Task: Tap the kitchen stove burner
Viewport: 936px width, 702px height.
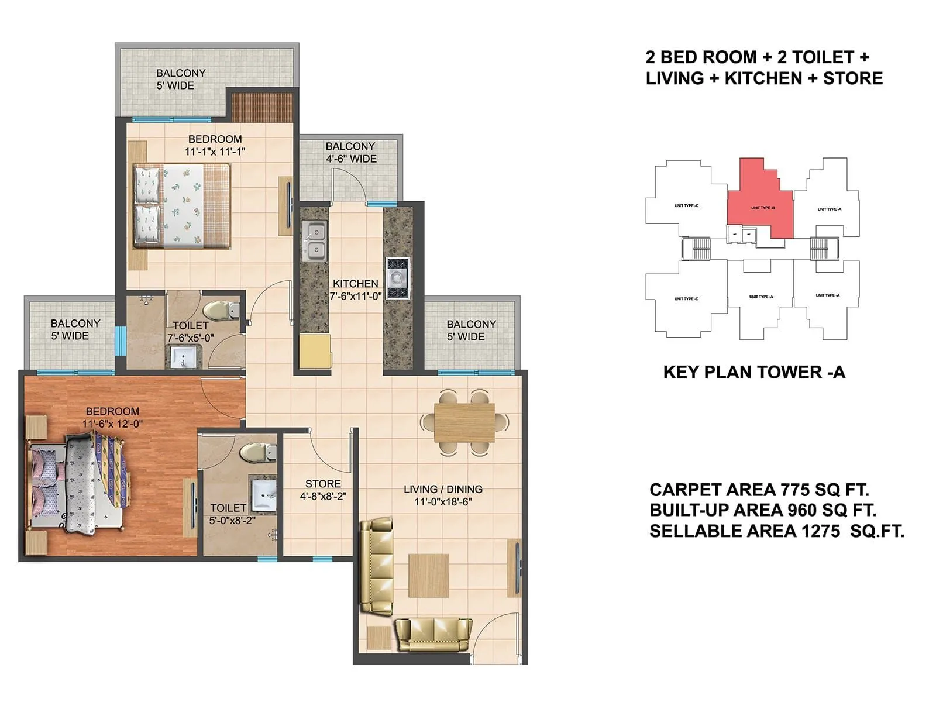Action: [x=397, y=278]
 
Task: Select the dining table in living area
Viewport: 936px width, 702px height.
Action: [x=464, y=422]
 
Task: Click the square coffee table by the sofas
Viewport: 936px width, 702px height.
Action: [x=428, y=576]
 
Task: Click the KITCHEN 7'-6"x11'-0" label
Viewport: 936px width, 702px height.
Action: [x=355, y=290]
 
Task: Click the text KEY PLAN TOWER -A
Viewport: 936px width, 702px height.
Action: [x=754, y=372]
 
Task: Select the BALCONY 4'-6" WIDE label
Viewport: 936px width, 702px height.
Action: [x=351, y=152]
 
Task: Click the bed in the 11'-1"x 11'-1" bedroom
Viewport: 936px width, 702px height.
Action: [x=181, y=206]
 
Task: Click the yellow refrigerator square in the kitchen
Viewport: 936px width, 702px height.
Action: [x=315, y=351]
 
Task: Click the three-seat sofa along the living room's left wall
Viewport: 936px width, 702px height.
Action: [x=376, y=565]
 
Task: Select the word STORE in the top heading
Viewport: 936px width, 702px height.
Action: [x=852, y=78]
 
